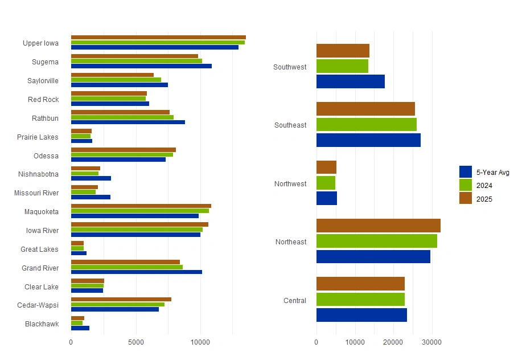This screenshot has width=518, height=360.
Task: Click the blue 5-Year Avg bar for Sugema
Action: tap(141, 66)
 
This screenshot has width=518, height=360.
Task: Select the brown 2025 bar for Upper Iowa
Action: tap(158, 38)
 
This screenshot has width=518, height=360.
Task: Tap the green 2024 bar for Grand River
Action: tap(127, 267)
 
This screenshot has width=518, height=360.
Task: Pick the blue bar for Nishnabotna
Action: tap(91, 178)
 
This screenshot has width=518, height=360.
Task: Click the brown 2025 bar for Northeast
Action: tap(379, 226)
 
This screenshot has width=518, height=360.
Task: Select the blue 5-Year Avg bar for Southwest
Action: tap(351, 81)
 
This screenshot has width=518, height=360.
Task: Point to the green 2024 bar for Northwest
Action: tap(326, 183)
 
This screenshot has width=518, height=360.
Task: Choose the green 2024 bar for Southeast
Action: tap(367, 124)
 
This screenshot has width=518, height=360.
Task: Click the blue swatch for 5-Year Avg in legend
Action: tap(466, 172)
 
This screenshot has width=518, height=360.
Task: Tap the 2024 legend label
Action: tap(485, 186)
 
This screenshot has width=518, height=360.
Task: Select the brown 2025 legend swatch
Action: tap(466, 198)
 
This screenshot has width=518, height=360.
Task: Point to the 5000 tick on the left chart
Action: tap(136, 342)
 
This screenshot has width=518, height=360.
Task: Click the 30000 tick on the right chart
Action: tap(432, 342)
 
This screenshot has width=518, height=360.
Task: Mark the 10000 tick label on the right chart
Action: tap(355, 342)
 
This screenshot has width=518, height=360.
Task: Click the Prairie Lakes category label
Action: tap(38, 137)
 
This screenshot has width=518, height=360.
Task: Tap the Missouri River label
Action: tap(36, 193)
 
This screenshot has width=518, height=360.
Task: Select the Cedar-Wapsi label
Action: tap(38, 305)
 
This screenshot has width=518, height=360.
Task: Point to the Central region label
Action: tap(295, 301)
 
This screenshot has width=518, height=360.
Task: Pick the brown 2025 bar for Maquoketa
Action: tap(141, 206)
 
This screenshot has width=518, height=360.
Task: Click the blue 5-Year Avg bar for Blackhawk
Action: tap(80, 328)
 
